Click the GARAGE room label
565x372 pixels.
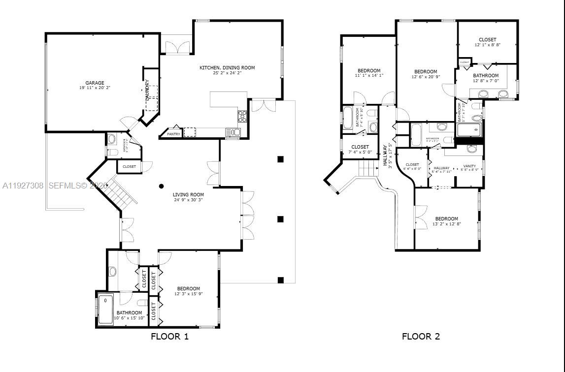95,83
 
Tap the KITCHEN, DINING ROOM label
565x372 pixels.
227,67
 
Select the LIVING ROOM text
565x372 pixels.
188,194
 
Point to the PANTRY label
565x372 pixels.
173,134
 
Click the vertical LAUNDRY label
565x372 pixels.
147,91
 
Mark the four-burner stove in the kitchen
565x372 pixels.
242,116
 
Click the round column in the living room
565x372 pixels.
162,186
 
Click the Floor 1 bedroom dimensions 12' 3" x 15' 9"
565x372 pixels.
189,294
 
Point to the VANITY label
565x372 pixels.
469,166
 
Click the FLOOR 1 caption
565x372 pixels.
169,337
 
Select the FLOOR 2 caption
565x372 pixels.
421,337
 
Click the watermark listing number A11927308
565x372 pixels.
23,186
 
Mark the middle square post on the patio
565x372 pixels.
280,219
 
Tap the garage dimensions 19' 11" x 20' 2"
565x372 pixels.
95,88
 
